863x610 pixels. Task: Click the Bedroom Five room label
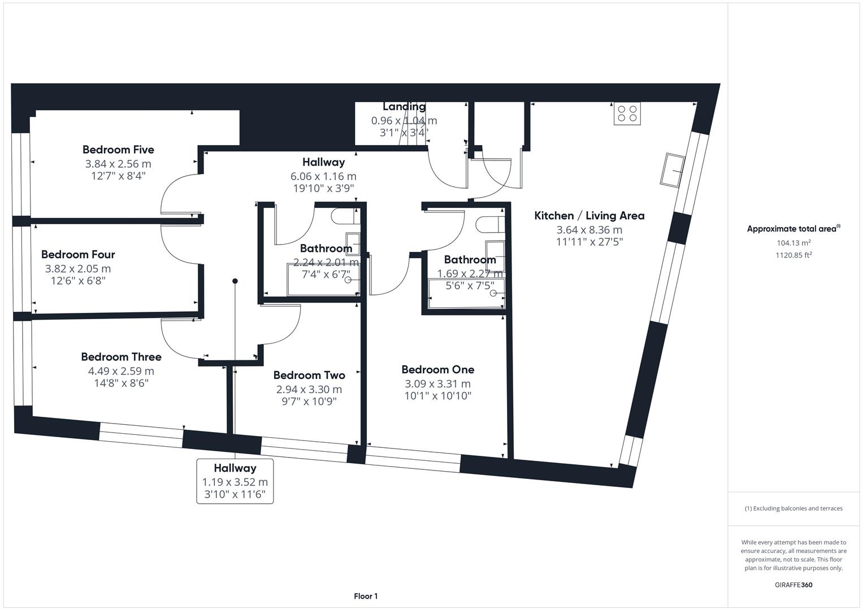(x=118, y=150)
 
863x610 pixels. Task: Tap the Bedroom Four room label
(x=78, y=255)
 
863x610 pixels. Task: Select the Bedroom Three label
(x=121, y=357)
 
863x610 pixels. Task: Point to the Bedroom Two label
(x=309, y=375)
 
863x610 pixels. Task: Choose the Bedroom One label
(x=437, y=369)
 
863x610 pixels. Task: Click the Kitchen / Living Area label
(x=589, y=216)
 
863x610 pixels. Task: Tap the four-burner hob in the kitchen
(x=627, y=114)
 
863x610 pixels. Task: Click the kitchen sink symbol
(x=673, y=169)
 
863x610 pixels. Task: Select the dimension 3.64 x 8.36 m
(x=589, y=230)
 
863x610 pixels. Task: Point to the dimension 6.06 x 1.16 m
(x=323, y=176)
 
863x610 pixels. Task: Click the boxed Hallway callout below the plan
(x=235, y=481)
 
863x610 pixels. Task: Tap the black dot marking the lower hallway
(x=235, y=281)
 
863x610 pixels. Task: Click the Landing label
(x=404, y=107)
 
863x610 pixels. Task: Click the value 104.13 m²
(x=793, y=243)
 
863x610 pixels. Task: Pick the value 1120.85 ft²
(x=793, y=255)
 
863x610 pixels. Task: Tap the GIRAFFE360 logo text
(x=793, y=585)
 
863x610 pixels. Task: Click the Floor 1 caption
(x=365, y=596)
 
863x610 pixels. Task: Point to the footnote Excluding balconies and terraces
(x=793, y=508)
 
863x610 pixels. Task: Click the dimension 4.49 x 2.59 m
(x=121, y=371)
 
